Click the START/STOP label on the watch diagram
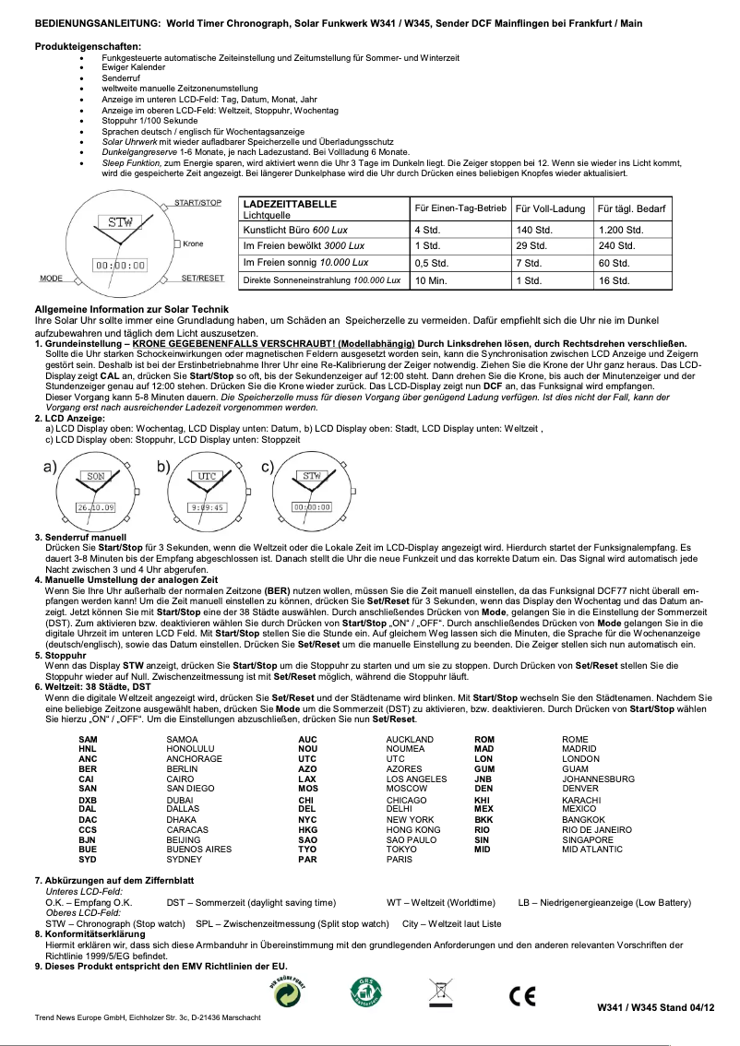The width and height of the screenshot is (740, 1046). [197, 202]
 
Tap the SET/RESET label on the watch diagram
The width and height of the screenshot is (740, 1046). [202, 278]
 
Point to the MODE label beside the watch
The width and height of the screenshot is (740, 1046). [51, 278]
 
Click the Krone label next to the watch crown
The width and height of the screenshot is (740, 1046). [193, 244]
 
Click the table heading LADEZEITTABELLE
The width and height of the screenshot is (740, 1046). [289, 203]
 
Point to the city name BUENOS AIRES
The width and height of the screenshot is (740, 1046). [198, 849]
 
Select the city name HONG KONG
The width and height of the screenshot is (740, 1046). [412, 829]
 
